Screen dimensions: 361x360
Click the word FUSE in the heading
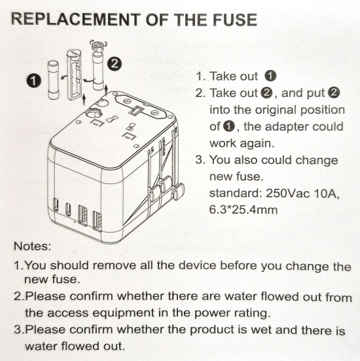pos(230,20)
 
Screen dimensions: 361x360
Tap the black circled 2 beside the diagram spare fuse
pos(115,64)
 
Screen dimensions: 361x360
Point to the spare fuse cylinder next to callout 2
pos(99,71)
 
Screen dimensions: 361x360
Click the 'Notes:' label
pos(31,248)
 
